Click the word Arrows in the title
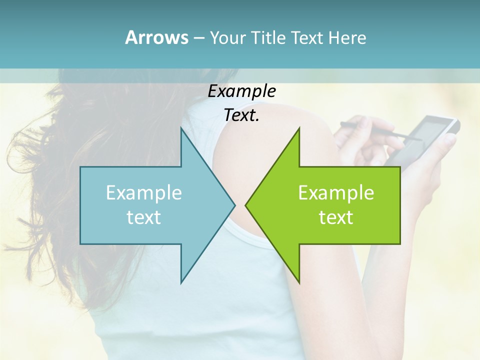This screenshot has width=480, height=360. click(157, 37)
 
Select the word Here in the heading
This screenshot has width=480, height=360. click(347, 38)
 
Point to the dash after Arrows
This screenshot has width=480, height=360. click(199, 38)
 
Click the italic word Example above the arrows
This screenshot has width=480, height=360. click(242, 91)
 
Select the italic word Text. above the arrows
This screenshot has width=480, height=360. click(242, 115)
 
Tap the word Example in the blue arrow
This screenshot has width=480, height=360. click(144, 193)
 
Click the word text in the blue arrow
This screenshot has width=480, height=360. click(144, 217)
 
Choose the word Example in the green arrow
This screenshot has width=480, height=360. click(336, 193)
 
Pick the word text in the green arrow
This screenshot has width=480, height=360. click(336, 217)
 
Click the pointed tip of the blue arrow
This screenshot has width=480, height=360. click(234, 205)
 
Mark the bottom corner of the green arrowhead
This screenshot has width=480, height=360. click(299, 282)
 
